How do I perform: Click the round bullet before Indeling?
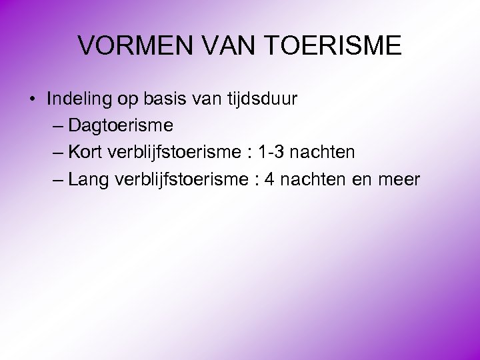click(x=31, y=100)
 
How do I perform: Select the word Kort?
click(x=85, y=152)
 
